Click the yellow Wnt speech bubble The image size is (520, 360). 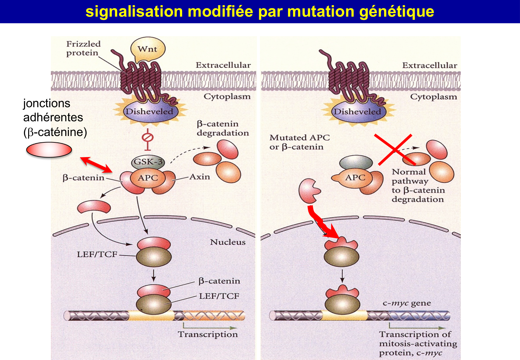148,49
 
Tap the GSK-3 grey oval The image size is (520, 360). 148,162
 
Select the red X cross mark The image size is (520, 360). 395,149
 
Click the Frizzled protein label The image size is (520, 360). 83,48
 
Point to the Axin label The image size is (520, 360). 200,177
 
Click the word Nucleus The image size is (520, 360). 228,242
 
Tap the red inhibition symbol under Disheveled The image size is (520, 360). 148,139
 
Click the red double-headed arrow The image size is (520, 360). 96,164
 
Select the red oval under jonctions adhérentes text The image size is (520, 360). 49,150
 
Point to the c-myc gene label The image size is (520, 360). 406,303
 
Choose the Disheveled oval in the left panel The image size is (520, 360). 149,112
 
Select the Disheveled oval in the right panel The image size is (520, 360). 357,112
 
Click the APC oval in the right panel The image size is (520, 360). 355,178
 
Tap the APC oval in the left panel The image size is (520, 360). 148,178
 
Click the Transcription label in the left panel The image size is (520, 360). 208,334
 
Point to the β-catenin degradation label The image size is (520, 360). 222,128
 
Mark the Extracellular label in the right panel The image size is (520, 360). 429,65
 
